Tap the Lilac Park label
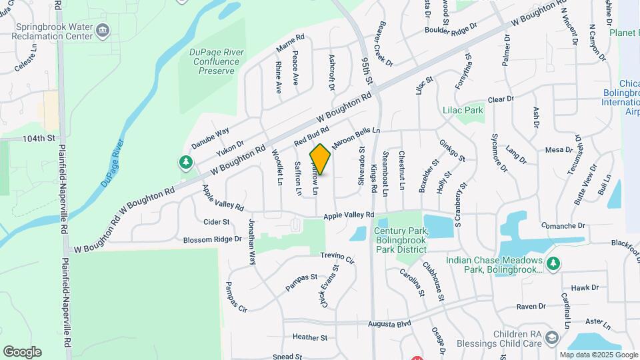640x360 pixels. [462, 110]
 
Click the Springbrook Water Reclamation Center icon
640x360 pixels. [103, 29]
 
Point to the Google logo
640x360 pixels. [22, 352]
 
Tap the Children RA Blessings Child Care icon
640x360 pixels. [551, 339]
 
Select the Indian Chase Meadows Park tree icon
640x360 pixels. [551, 264]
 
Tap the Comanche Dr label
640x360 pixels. [563, 226]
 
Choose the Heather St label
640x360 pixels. [309, 338]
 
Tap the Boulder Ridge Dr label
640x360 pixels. [452, 29]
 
